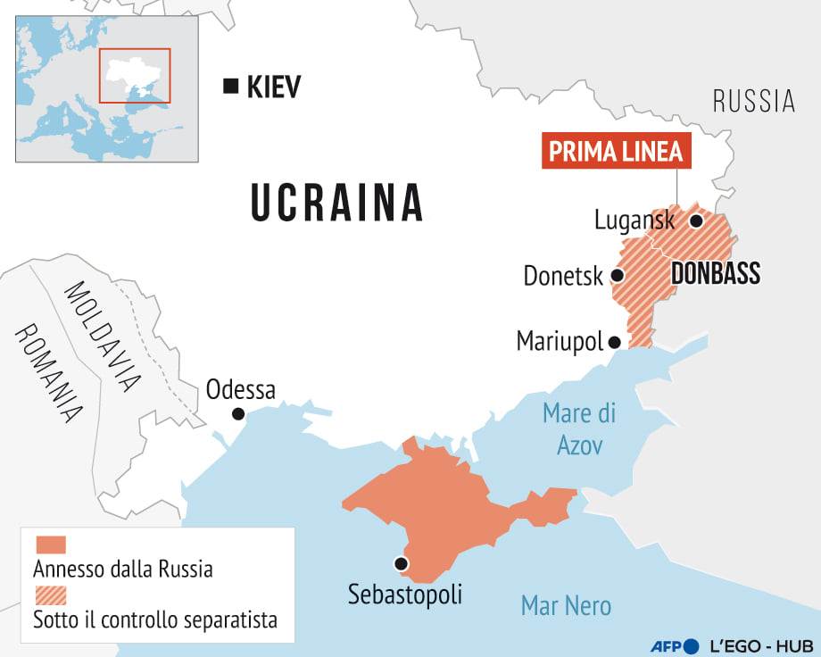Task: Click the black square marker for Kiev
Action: point(230,87)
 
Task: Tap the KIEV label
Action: point(274,87)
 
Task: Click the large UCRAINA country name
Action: point(336,203)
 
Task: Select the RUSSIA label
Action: point(754,101)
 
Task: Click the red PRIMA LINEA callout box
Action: point(617,152)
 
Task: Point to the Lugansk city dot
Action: point(696,220)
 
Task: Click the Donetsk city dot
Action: point(617,276)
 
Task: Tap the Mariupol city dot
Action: point(614,342)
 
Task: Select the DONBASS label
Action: point(715,273)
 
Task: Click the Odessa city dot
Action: point(238,413)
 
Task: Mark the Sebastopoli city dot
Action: point(401,563)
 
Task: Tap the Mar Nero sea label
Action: point(566,606)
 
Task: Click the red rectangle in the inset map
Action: point(134,76)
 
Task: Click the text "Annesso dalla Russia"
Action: point(123,569)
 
